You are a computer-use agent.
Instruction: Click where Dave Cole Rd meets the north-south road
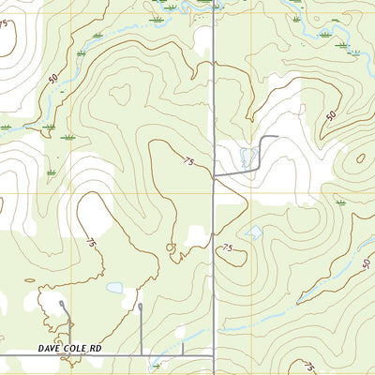point(213,355)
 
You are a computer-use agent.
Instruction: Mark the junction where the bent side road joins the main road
point(214,175)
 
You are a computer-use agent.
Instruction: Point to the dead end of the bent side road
point(277,137)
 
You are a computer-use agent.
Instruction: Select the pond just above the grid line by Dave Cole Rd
point(114,288)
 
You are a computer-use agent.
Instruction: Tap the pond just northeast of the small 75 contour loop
point(253,232)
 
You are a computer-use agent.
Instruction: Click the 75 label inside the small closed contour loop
point(228,247)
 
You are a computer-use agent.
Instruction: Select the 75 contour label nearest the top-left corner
point(8,24)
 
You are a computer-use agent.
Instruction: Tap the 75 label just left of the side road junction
point(188,162)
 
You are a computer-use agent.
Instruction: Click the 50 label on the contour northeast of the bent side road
point(330,115)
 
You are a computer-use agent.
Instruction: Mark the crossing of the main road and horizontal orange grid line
point(214,194)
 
